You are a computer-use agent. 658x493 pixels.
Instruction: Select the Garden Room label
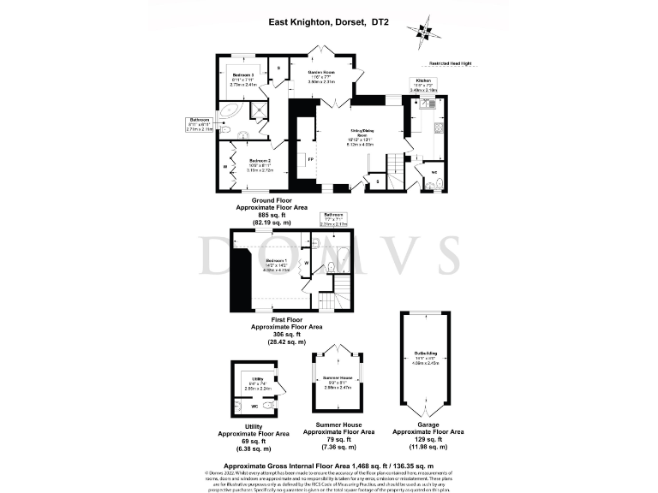321,72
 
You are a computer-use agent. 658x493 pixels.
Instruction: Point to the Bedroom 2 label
260,161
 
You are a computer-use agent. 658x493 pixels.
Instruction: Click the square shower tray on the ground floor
256,110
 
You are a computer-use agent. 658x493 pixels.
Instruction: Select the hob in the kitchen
439,128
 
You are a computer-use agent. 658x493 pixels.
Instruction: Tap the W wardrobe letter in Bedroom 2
225,168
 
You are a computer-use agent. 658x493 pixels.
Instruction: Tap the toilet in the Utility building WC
240,407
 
